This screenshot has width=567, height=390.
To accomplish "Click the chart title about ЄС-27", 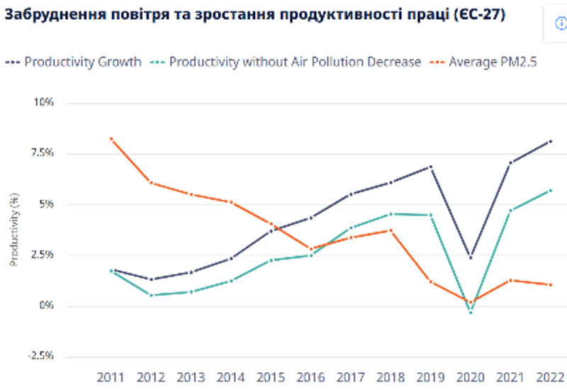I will (x=255, y=15).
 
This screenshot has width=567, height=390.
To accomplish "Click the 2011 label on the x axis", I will (x=111, y=376).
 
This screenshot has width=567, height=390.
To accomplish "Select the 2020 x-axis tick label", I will (x=470, y=376).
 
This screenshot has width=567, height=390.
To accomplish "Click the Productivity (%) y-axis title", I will (x=13, y=229).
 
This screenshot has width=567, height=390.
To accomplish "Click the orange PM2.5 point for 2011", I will (x=111, y=139).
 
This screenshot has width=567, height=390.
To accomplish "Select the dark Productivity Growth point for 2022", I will (x=550, y=142).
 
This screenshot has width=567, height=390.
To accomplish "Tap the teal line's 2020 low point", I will (x=471, y=312).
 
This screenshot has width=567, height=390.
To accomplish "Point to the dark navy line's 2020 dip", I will (x=471, y=257).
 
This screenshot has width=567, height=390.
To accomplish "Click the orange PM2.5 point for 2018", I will (x=391, y=230).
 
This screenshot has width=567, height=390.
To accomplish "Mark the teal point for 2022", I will (x=550, y=190).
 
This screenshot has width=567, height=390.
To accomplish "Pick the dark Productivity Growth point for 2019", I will (x=430, y=167).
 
